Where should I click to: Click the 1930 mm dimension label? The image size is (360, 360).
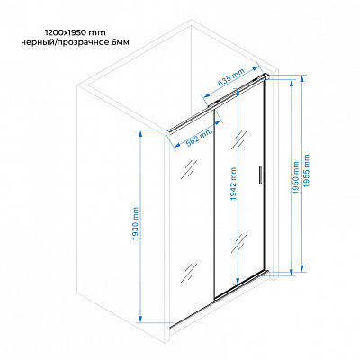point(136,223)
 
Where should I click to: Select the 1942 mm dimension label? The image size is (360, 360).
point(234,184)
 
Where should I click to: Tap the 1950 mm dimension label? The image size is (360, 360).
point(296,177)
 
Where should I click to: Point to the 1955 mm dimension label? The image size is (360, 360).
point(306,171)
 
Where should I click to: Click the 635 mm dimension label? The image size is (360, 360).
point(231,77)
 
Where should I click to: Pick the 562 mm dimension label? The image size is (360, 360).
point(200,138)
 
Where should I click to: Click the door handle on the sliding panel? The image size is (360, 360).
point(260,175)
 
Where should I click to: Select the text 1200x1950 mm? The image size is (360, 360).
point(75,32)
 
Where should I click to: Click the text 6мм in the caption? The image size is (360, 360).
point(121,42)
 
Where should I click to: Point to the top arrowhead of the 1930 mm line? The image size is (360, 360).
point(139,134)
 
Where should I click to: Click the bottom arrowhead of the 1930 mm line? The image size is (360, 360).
point(139,319)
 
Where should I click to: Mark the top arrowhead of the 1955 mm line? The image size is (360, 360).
point(302,79)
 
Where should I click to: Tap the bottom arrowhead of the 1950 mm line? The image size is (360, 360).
point(292,271)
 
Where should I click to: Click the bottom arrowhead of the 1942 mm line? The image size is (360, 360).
point(238,281)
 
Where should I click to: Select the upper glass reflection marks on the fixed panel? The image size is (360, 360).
point(189,169)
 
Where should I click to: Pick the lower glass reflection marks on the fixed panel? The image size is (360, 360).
point(189,273)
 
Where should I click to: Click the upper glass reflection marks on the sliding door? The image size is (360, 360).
point(239,139)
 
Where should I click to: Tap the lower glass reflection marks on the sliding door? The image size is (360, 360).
point(239,243)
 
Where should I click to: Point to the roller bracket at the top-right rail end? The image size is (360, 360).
point(265,76)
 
